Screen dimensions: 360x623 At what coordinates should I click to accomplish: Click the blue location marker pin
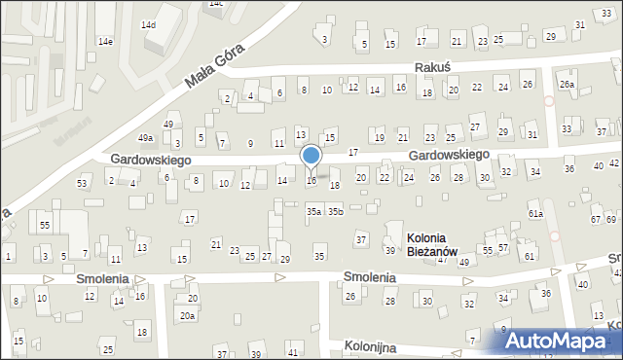(311, 156)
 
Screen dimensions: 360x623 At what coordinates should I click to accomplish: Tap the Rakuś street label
(431, 67)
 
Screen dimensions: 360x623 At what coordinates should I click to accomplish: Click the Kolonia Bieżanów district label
(426, 244)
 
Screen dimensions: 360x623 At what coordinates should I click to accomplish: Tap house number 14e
(105, 42)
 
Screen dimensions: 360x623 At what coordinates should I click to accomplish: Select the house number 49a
(145, 138)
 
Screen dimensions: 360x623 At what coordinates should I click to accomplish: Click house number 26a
(567, 85)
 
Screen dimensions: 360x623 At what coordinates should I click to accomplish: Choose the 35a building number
(313, 211)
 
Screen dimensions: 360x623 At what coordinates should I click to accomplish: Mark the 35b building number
(335, 211)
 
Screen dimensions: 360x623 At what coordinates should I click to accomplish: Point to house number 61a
(535, 213)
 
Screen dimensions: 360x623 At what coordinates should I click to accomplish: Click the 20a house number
(187, 315)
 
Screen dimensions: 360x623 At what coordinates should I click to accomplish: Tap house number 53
(83, 183)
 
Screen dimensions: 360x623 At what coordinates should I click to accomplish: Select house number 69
(610, 220)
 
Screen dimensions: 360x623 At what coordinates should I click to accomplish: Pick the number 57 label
(502, 248)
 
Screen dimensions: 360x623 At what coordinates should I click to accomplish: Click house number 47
(442, 260)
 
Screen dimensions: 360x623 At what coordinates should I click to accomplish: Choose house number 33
(568, 128)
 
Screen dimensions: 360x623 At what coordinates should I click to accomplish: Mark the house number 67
(595, 220)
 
